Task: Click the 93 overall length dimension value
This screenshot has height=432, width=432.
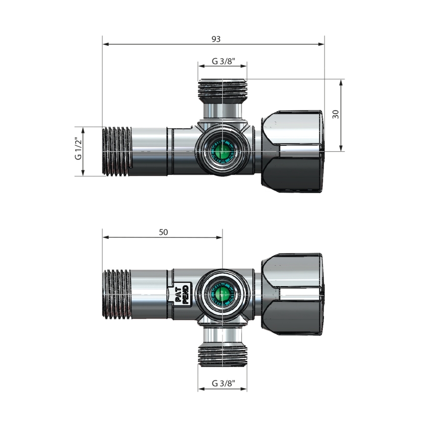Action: (216, 39)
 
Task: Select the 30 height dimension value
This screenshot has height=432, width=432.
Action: (336, 114)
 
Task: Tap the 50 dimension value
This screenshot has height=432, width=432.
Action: (163, 232)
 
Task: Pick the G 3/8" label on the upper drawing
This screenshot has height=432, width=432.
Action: (223, 61)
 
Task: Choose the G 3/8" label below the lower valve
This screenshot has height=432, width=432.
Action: (223, 383)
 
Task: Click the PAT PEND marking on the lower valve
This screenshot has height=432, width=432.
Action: (180, 294)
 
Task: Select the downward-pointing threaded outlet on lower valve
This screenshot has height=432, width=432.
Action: (222, 356)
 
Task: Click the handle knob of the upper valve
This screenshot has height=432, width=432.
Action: (293, 151)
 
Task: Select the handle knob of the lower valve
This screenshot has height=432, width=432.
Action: (293, 294)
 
